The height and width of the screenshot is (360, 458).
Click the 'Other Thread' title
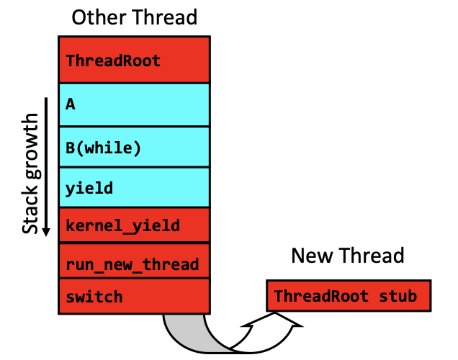point(135,17)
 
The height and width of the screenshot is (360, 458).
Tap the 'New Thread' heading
point(348,256)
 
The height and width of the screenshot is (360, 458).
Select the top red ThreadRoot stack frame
point(135,60)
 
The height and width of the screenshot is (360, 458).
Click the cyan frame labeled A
point(135,105)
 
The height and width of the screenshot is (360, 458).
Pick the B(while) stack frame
point(135,147)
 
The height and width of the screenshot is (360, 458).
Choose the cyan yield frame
point(135,187)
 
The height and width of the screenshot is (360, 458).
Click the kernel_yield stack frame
point(135,225)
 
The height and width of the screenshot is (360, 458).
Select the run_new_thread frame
point(135,261)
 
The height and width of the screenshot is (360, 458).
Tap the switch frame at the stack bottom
point(135,296)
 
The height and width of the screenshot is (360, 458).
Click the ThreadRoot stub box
point(349,296)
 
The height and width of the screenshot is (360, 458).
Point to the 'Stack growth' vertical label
point(30,174)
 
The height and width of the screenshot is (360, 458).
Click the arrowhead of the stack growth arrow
point(46,232)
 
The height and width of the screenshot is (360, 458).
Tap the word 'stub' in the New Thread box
point(398,296)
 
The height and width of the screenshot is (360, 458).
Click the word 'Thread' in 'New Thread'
point(372,256)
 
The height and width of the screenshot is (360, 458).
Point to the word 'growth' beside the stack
point(32,145)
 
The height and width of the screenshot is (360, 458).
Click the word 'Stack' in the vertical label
point(30,209)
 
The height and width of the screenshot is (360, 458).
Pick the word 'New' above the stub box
point(312,256)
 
